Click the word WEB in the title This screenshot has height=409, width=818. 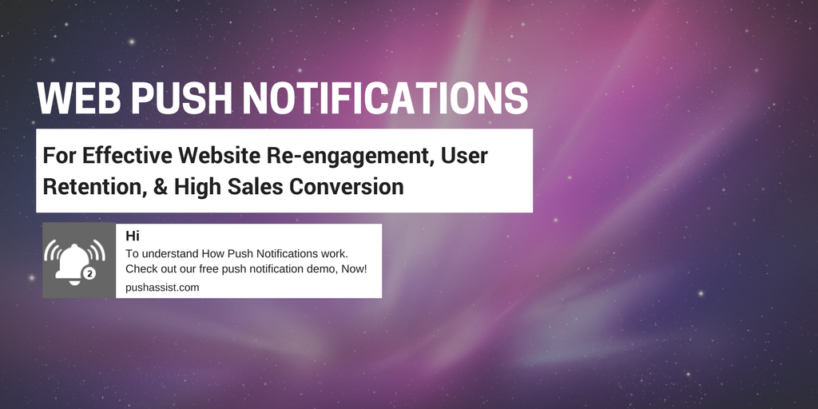click(x=79, y=97)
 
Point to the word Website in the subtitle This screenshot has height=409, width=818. click(x=219, y=156)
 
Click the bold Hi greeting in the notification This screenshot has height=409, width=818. click(x=132, y=236)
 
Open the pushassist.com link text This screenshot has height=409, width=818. click(x=162, y=288)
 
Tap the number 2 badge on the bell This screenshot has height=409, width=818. click(x=89, y=273)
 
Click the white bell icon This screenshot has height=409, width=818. click(x=73, y=262)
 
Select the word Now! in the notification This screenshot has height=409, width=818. click(x=354, y=270)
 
